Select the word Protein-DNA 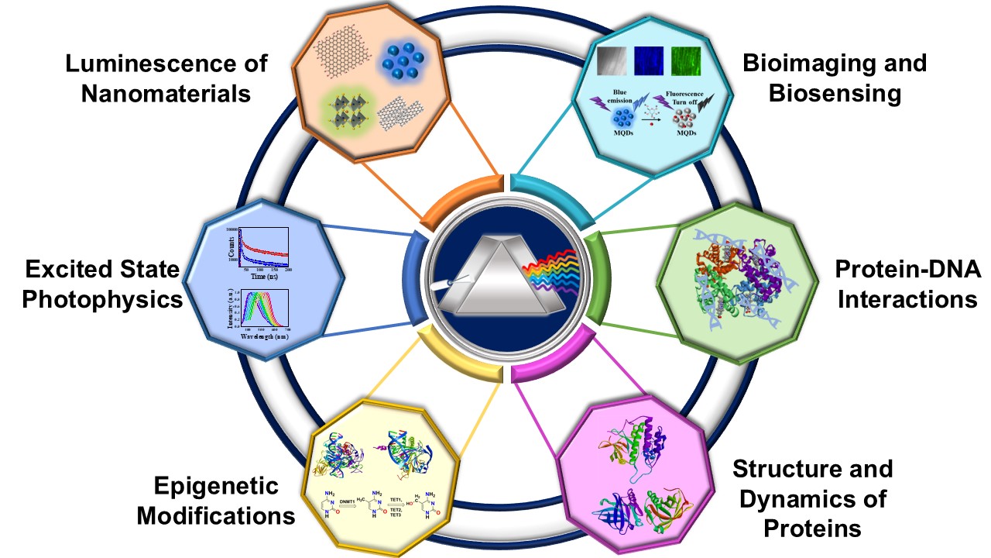[x=907, y=270]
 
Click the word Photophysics [x=102, y=300]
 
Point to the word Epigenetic [x=215, y=487]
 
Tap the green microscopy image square [x=684, y=61]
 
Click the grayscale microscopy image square [x=614, y=61]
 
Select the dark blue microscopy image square [x=650, y=61]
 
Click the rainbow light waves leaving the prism [x=552, y=277]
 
